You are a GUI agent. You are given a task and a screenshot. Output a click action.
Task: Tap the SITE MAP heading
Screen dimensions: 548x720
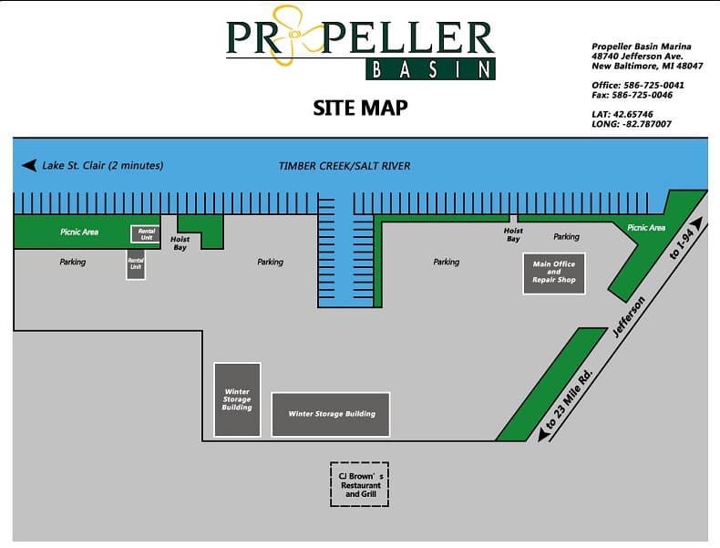[360, 108]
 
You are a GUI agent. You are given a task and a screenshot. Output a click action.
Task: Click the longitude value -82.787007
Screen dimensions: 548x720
[646, 124]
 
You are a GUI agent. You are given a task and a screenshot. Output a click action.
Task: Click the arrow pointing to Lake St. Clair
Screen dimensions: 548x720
[28, 166]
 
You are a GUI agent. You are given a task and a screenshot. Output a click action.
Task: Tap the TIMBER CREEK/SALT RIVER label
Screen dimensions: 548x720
[345, 166]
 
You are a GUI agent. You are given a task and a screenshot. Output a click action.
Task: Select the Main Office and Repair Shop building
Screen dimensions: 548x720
[554, 272]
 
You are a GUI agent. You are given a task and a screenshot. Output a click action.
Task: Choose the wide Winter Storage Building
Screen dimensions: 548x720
[331, 414]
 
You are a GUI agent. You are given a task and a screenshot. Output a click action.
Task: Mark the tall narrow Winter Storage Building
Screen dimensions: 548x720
[237, 399]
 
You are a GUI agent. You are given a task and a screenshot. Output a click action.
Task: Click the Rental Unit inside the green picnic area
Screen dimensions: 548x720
[146, 233]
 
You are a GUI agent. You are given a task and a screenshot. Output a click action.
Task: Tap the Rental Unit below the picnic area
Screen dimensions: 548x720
[135, 264]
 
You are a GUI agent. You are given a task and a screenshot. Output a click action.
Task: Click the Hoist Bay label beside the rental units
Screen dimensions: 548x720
[180, 243]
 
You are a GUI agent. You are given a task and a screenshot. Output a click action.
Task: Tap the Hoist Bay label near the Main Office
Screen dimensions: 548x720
[513, 234]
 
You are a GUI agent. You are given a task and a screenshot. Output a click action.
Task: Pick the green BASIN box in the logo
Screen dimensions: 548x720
[431, 68]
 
